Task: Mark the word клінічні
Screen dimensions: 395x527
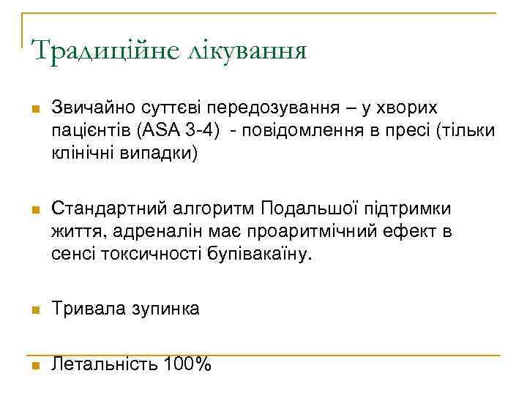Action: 79,156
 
